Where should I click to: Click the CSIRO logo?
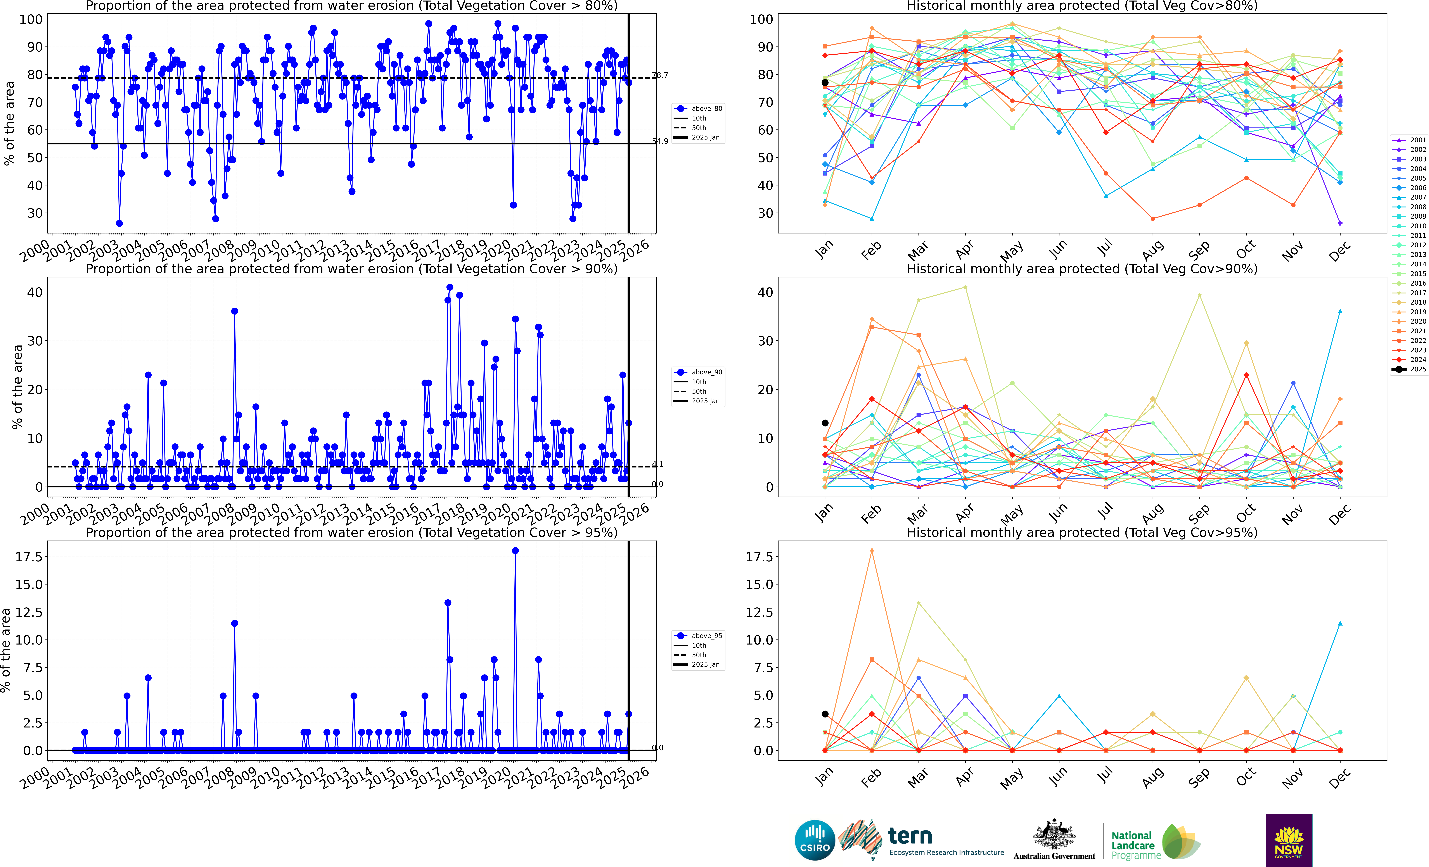point(815,840)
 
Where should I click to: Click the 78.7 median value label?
point(660,75)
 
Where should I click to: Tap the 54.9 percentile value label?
point(660,141)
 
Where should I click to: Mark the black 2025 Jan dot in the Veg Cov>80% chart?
point(825,82)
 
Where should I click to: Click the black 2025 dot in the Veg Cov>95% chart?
point(825,714)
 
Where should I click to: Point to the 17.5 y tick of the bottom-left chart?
point(29,557)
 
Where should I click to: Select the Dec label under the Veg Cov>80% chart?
point(1340,251)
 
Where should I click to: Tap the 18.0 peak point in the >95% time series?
point(515,551)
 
